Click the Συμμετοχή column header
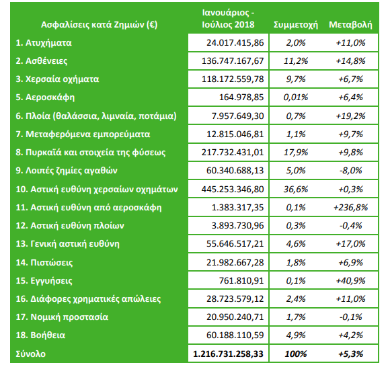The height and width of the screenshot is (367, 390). click(x=296, y=25)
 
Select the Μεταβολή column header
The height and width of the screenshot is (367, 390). click(x=350, y=25)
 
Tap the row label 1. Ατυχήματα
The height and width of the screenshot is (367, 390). click(x=44, y=43)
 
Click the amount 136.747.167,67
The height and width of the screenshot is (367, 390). click(x=233, y=61)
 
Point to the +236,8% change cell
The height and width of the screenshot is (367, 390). click(x=350, y=208)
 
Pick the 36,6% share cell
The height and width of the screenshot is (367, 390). click(x=296, y=190)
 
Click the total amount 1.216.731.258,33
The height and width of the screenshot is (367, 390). click(x=228, y=354)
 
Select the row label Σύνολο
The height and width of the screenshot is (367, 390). click(x=30, y=354)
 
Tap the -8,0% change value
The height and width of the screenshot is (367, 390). click(x=350, y=171)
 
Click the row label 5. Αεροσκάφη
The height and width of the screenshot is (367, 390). click(x=45, y=97)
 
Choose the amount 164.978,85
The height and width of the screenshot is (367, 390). click(x=241, y=97)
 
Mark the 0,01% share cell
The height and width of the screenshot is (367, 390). click(x=296, y=97)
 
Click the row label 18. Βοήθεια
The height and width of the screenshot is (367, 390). click(x=40, y=335)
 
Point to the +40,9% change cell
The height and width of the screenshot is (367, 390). click(x=350, y=281)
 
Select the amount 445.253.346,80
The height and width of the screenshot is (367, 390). click(x=233, y=190)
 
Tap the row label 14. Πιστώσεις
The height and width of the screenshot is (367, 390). click(x=44, y=263)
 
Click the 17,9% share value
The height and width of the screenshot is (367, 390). click(x=296, y=152)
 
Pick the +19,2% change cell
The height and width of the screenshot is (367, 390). click(x=350, y=116)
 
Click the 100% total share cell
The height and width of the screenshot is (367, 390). click(x=296, y=354)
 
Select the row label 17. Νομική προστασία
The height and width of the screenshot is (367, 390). click(x=62, y=317)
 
